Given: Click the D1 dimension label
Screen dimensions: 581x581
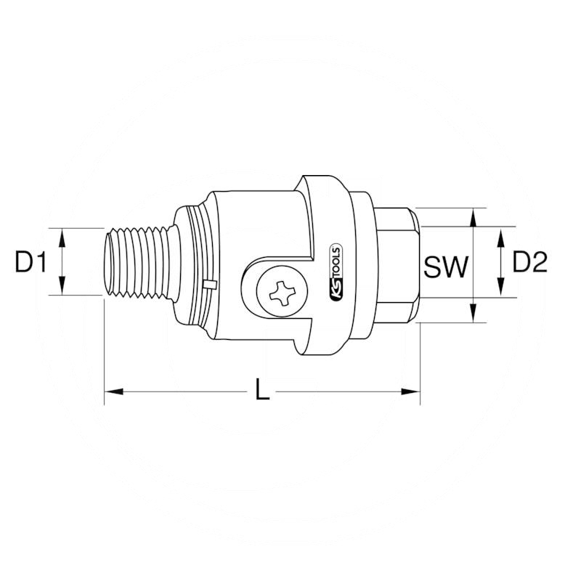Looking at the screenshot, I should pos(31,262).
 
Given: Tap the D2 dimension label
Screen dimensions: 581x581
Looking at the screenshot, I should pos(529,262).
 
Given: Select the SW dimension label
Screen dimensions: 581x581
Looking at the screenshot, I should pos(444,267).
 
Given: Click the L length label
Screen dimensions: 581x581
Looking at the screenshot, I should pos(262,392).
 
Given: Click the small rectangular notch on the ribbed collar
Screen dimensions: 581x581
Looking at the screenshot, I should pos(209,284).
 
